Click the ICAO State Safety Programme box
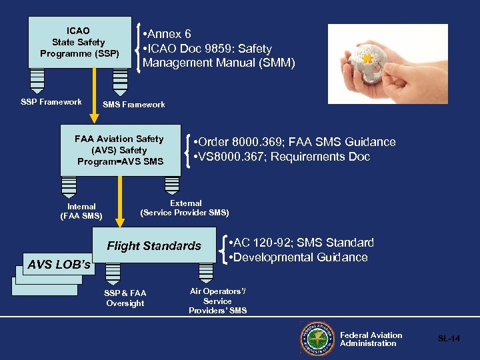point(79,43)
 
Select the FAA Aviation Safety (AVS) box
point(120,150)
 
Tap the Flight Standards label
point(154,246)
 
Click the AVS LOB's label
point(59,265)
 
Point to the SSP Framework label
point(51,102)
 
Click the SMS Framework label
point(133,105)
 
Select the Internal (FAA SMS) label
point(81,211)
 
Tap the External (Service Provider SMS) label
point(185,208)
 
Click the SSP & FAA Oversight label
point(125,299)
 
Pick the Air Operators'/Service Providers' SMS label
point(217,301)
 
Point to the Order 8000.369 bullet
point(293,142)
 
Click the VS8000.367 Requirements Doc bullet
point(280,157)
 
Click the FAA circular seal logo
point(317,339)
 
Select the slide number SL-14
point(449,339)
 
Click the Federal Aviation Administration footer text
point(371,339)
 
